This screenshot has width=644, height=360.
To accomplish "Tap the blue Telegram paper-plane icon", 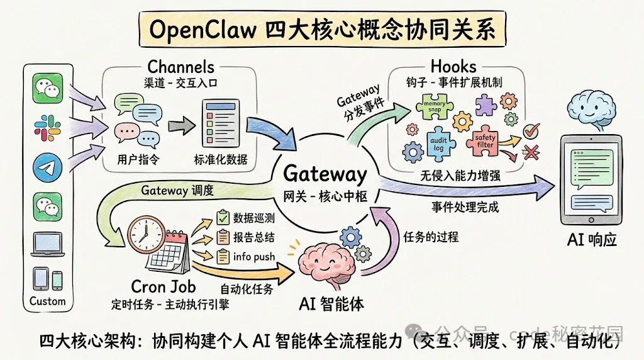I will coord(48,168).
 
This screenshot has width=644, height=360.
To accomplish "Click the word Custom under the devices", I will coord(48,301).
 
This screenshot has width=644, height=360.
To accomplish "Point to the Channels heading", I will coord(180,67).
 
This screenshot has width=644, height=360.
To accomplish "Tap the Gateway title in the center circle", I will coord(325,174).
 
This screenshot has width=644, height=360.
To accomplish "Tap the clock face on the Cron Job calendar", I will coord(143,233).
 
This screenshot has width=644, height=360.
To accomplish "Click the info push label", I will coord(252,256).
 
